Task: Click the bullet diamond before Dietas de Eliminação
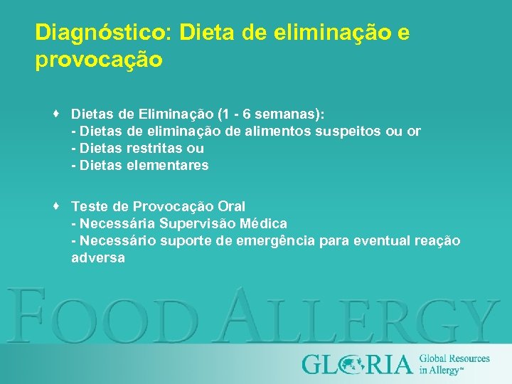coord(55,114)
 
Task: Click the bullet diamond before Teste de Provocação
coord(55,206)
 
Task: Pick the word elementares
coord(170,166)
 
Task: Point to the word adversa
coord(98,258)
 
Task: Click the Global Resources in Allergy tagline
coord(454,363)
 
